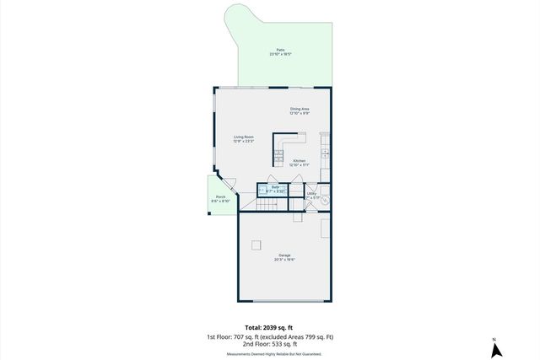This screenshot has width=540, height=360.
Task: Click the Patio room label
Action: pyautogui.click(x=280, y=51)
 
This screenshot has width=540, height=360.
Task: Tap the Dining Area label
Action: pyautogui.click(x=300, y=109)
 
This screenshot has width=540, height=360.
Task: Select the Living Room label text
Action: pyautogui.click(x=245, y=137)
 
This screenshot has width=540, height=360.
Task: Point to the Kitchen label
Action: pyautogui.click(x=300, y=160)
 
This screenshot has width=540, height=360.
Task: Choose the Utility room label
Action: pyautogui.click(x=311, y=194)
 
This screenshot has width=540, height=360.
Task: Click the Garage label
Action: pyautogui.click(x=284, y=255)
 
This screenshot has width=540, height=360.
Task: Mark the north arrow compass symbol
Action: pyautogui.click(x=498, y=347)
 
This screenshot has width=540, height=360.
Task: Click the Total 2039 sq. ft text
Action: pyautogui.click(x=269, y=327)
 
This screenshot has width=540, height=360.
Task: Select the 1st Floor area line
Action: pyautogui.click(x=269, y=336)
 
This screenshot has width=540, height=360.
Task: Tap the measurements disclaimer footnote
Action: pyautogui.click(x=269, y=353)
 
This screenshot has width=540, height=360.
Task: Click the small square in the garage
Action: pyautogui.click(x=256, y=245)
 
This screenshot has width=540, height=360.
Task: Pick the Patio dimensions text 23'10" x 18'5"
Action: pyautogui.click(x=280, y=54)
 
